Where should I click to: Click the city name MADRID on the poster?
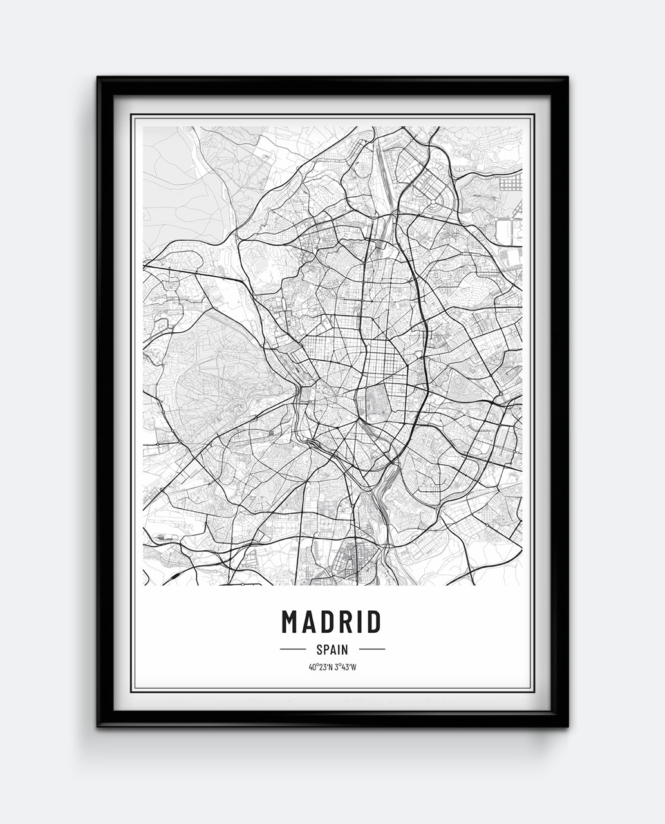332,622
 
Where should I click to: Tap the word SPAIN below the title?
332,650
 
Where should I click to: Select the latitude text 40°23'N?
320,667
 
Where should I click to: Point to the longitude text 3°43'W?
345,667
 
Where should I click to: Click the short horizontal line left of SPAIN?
293,650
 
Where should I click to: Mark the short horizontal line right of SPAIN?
371,650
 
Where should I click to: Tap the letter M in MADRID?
290,622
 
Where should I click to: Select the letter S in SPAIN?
319,650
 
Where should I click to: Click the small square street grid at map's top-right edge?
510,183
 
